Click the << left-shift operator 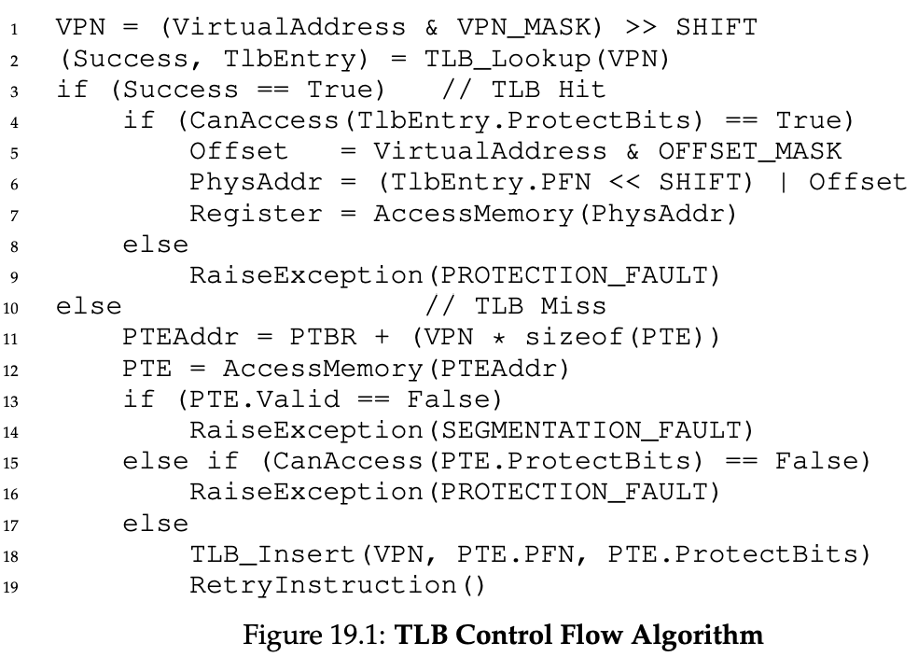[x=656, y=182]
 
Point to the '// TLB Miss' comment [x=516, y=306]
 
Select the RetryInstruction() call [x=339, y=586]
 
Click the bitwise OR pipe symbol [x=783, y=182]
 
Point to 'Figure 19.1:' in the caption [x=313, y=636]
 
